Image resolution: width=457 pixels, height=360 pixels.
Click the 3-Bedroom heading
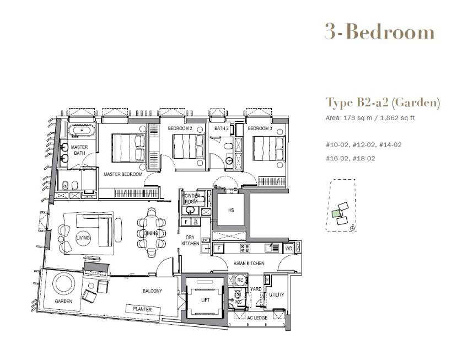coord(379,32)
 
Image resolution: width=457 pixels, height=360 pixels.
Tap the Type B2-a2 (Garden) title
coord(383,103)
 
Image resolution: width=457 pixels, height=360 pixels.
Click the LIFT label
coord(206,300)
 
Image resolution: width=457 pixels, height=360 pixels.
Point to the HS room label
coord(231,210)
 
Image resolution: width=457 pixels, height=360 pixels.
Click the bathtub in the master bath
coord(82,131)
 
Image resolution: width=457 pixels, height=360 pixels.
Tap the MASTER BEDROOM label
coord(123,174)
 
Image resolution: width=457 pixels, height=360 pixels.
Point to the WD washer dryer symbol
coord(288,249)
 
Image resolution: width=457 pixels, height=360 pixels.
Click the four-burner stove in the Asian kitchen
coord(245,248)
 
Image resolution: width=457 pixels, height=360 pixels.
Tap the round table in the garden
coord(63,283)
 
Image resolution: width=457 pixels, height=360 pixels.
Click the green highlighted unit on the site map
coord(336,213)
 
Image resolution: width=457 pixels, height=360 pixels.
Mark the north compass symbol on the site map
coord(352,227)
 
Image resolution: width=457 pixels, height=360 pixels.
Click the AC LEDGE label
coord(257,318)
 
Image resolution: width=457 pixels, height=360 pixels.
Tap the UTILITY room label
coord(276,295)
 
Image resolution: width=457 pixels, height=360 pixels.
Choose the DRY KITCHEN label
coord(190,240)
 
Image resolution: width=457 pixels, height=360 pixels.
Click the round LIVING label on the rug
coord(83,238)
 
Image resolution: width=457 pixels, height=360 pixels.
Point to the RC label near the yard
coord(240,281)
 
